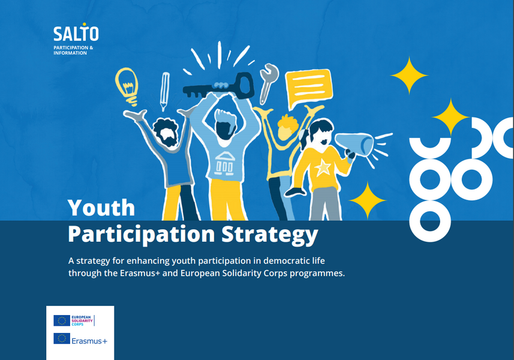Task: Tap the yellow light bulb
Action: click(x=127, y=86)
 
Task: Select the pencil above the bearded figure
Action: click(x=164, y=91)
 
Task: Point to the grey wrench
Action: click(x=269, y=83)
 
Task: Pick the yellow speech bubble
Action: click(x=308, y=88)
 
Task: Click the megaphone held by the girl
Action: click(x=355, y=145)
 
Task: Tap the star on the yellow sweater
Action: click(x=323, y=168)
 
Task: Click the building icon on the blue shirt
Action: click(x=224, y=163)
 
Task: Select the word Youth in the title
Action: click(x=101, y=208)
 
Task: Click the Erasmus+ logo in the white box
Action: click(x=80, y=339)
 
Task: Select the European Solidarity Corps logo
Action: click(x=74, y=320)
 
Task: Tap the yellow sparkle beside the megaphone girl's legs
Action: click(x=368, y=200)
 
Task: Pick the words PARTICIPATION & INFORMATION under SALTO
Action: click(x=73, y=50)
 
